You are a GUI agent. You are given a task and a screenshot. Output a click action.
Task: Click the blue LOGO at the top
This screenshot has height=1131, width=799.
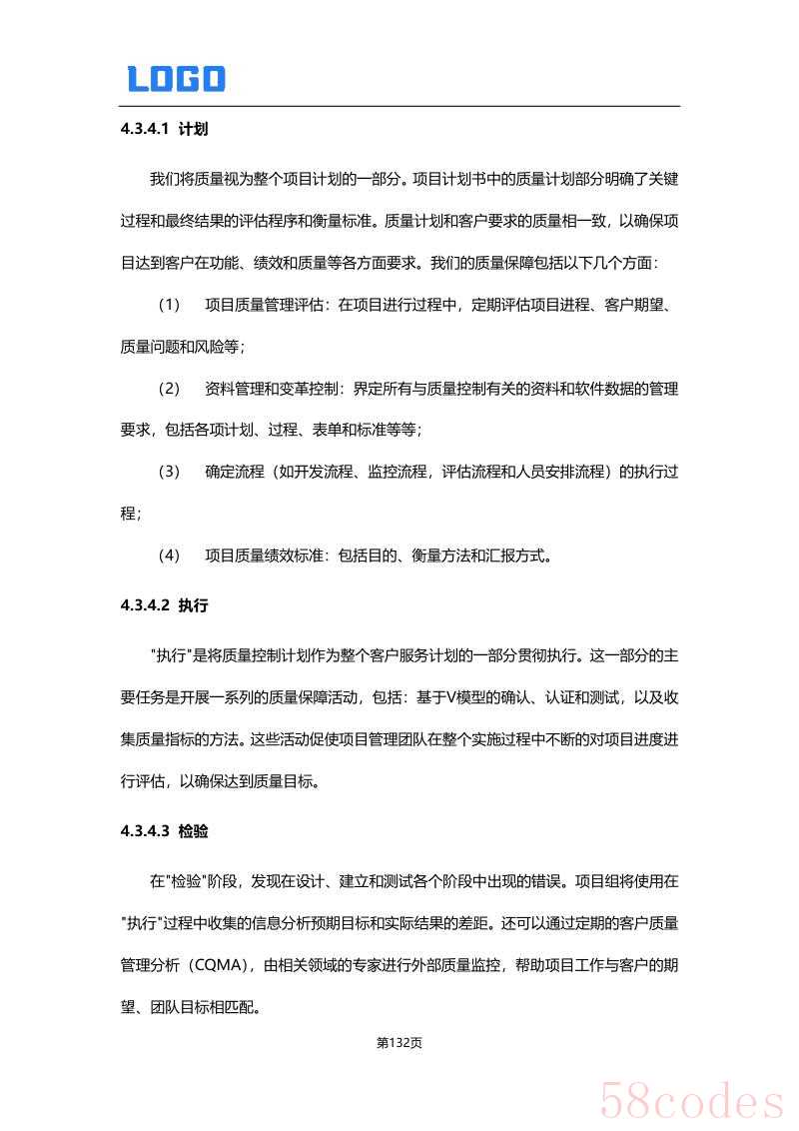[x=176, y=79]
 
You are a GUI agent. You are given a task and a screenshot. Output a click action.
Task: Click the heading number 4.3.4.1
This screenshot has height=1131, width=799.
[x=145, y=129]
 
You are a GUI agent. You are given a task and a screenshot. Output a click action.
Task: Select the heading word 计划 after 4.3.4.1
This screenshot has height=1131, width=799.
[x=193, y=129]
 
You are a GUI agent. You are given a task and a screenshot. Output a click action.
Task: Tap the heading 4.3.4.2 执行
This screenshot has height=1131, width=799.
[x=164, y=605]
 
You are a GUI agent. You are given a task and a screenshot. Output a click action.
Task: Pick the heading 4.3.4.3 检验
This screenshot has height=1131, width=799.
[x=164, y=831]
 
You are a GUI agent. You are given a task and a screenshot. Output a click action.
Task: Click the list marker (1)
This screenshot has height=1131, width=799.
[x=170, y=305]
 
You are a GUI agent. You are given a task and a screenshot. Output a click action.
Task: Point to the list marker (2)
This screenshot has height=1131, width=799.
[x=170, y=388]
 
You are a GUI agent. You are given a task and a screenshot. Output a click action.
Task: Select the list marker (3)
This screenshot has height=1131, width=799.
[x=170, y=471]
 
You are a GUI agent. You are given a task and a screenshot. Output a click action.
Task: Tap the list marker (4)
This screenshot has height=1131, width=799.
[x=170, y=555]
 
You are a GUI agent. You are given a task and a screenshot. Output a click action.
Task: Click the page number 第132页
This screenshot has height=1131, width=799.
[x=399, y=1043]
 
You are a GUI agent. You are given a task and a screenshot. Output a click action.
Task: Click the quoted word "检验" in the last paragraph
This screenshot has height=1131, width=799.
[x=191, y=882]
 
